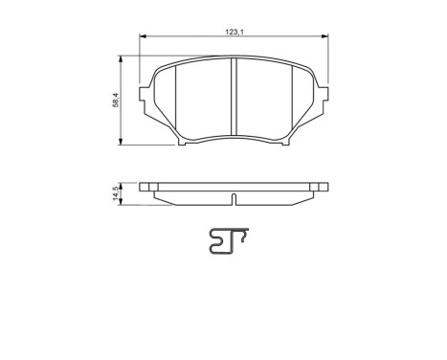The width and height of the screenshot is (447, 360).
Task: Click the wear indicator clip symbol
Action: point(227,245)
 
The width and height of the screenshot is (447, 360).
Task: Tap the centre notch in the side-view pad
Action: point(235,199)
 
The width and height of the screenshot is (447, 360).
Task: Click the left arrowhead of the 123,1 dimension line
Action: point(144,38)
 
